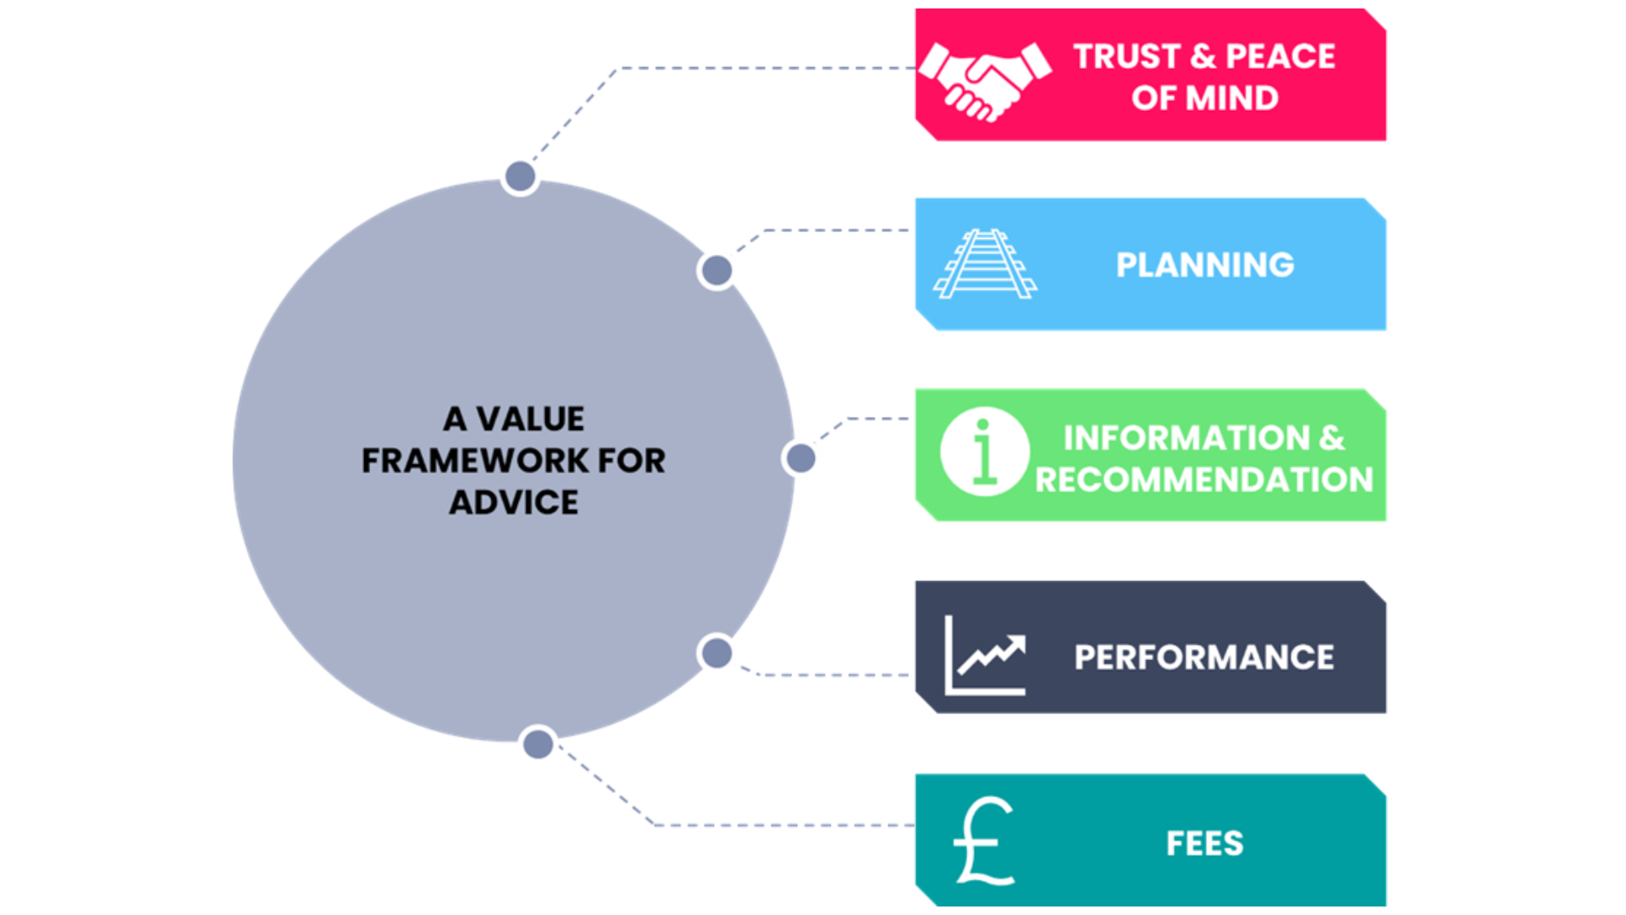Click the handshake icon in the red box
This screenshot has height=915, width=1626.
coord(985,80)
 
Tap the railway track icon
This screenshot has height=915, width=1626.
coord(985,263)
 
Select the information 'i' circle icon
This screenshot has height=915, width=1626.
coord(984,452)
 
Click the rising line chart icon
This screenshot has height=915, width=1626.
coord(985,655)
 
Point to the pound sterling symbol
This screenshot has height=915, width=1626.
coord(983,841)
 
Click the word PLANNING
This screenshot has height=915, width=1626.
coord(1204,265)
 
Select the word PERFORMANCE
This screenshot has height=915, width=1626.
coord(1203,657)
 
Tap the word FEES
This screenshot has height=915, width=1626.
coord(1204,844)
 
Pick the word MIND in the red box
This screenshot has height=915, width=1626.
coord(1232,98)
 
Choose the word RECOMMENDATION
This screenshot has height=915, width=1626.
coord(1203,480)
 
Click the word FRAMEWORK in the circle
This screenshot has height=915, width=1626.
coord(475,461)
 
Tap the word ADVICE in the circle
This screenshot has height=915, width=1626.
coord(514,502)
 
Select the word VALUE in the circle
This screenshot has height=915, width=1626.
coord(530,419)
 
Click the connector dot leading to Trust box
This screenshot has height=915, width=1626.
coord(520,176)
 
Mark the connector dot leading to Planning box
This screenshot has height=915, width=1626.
coord(716,271)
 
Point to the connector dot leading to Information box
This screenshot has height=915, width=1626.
coord(800,458)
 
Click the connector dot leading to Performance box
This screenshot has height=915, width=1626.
coord(716,653)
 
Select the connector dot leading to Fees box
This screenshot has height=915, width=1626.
coord(538,745)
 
